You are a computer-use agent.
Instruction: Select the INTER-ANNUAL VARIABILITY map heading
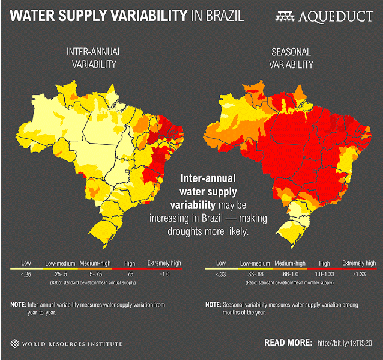95,58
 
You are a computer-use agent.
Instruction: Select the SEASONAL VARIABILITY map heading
291,58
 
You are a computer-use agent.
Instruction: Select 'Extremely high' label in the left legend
164,263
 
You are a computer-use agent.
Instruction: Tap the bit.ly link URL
348,343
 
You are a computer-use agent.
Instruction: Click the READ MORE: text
288,343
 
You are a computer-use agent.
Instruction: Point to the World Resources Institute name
72,344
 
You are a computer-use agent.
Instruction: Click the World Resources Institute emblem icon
14,344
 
